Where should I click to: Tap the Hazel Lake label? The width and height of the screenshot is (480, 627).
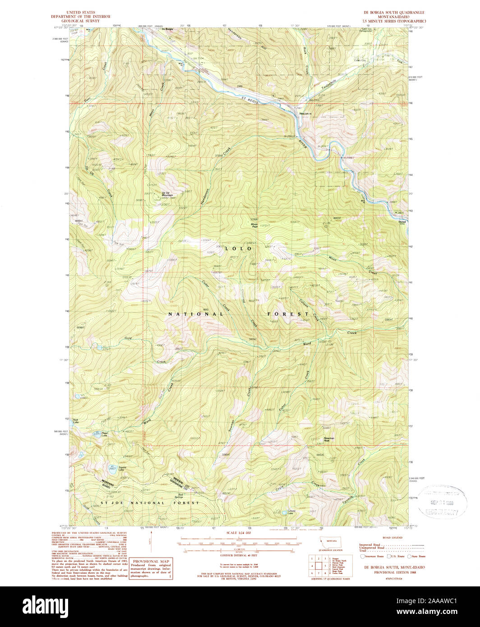pos(104,434)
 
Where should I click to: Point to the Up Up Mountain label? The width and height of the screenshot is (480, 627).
pos(168,194)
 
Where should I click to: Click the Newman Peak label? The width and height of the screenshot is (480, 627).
pos(329,439)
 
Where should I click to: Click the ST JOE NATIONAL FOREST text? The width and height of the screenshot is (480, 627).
pos(149,503)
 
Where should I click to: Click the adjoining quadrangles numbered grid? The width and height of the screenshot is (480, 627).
pos(319,565)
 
